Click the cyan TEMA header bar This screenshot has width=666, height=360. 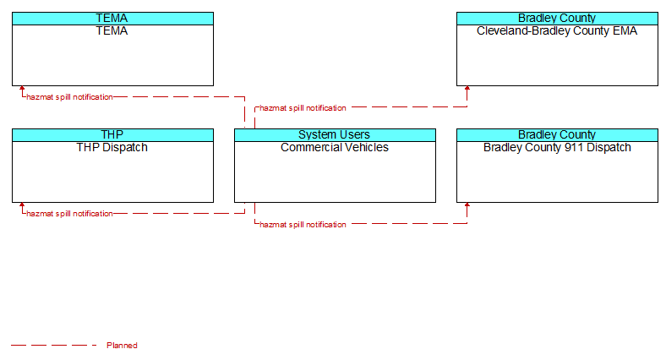coord(112,19)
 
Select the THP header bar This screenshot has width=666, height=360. coord(112,135)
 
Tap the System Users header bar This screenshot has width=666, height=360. coord(335,135)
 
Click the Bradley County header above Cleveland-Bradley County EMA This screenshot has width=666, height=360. coord(557,19)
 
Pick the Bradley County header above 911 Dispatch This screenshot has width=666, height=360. coord(557,135)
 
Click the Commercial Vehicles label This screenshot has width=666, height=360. coord(335,147)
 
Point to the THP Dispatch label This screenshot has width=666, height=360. coord(112,147)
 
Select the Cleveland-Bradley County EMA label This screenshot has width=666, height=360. coord(557,31)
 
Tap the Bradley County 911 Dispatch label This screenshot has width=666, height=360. coord(557,147)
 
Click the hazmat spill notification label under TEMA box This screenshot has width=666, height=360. coord(69,97)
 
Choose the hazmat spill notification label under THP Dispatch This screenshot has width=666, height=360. coord(69,214)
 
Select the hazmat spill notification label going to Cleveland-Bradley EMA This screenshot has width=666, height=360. coord(303,108)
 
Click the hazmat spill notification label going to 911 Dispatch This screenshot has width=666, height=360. coord(303,225)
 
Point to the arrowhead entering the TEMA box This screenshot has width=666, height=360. coord(22,88)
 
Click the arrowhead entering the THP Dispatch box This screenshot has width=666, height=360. coord(22,205)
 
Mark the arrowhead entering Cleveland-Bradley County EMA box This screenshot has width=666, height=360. coord(467,88)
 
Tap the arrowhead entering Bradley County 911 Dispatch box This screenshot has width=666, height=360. coord(467,205)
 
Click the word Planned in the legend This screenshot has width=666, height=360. coord(122,346)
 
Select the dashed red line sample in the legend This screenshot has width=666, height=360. coord(53,345)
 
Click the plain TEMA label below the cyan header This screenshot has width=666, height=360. coord(112,31)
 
